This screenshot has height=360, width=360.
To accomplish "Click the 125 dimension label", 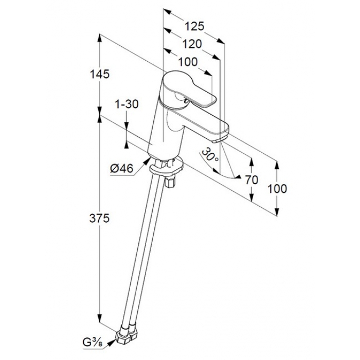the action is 194,26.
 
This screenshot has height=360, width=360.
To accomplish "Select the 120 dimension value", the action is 192,44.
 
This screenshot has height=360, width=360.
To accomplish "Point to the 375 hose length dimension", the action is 99,218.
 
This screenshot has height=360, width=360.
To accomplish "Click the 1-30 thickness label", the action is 127,104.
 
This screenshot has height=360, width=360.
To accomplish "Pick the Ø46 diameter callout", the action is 122,169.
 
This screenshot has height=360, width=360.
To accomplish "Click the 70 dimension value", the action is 252,180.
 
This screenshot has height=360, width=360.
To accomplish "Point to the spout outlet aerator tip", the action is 219,139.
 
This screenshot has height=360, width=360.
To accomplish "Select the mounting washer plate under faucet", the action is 166,167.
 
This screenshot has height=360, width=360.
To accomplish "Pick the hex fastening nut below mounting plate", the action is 170,183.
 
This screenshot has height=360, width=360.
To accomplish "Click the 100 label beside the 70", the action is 277,189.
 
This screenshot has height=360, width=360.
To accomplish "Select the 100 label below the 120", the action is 188,62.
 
